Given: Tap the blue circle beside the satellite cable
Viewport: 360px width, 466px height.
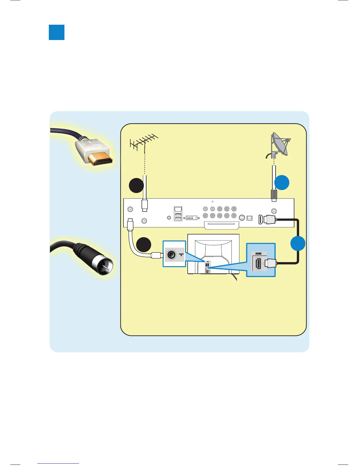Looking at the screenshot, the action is coord(282,183).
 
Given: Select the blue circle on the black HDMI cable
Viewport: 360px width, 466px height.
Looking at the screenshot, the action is coord(298,243).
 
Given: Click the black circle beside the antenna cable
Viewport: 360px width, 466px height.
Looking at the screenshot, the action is coord(136,185).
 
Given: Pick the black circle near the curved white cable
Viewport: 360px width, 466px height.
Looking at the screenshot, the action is coord(144,244).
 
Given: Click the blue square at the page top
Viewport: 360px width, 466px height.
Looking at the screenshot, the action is coord(56,32).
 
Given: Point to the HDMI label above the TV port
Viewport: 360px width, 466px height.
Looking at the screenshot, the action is coord(258,254).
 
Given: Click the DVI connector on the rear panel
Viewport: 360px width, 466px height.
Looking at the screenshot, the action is coord(191,218).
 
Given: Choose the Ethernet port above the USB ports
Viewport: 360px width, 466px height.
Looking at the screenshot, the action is coord(178,209).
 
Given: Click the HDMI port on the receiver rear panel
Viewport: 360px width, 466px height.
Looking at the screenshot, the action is coord(261,220).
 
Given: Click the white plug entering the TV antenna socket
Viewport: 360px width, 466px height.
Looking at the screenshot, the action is coord(156,255).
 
